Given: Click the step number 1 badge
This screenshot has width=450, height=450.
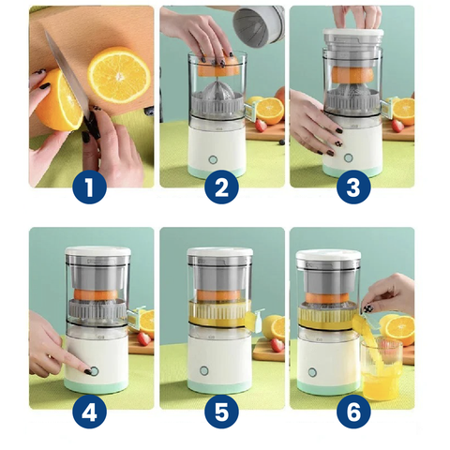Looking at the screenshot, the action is pos(90,187).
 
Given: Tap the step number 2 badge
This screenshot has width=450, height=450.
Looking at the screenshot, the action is pos(221,187).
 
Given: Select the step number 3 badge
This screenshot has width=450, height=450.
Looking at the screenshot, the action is pos(353,187).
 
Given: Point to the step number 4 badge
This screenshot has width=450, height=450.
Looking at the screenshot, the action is pos(90,412).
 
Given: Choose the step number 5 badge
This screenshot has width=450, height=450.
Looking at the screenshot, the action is pos(221,412).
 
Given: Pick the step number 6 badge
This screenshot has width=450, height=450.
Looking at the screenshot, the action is pos(353,412).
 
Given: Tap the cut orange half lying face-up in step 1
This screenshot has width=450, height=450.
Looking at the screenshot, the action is pos(119,75).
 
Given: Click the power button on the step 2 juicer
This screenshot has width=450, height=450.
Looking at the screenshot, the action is pos(213,159).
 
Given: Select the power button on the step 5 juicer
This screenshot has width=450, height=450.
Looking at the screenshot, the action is pos(204,371).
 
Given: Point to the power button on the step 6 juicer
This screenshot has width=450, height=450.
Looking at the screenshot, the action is pos(312,372).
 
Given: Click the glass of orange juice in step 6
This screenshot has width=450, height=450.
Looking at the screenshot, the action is pos(381,369).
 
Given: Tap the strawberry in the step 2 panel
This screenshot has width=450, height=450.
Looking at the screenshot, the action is pos(262,126).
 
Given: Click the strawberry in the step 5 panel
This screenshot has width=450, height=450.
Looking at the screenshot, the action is pos(277,345).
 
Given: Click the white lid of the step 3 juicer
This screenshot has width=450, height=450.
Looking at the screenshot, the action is pos(352,33).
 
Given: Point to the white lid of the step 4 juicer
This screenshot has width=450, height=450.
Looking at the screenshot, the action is pos(97,250).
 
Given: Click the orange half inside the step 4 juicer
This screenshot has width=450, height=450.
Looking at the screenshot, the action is pos(96,295).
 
